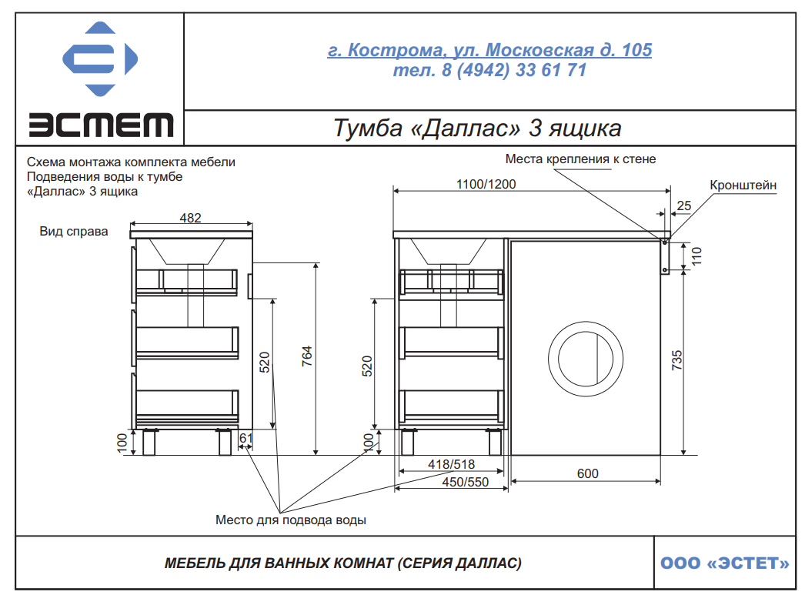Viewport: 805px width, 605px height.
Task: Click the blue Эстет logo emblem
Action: pos(100,58)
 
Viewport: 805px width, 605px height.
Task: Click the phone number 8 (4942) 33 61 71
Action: pos(514,70)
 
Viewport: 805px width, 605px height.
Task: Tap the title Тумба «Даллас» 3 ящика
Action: pos(477,128)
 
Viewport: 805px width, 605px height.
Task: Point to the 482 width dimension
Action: pos(190,218)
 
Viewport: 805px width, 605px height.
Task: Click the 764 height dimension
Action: pos(307,356)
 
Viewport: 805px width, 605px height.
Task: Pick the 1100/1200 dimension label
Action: pos(486,184)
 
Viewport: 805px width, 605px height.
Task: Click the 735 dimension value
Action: pos(677,360)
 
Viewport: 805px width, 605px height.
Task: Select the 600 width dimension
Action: pos(588,473)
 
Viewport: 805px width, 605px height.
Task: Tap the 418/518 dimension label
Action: pos(451,464)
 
